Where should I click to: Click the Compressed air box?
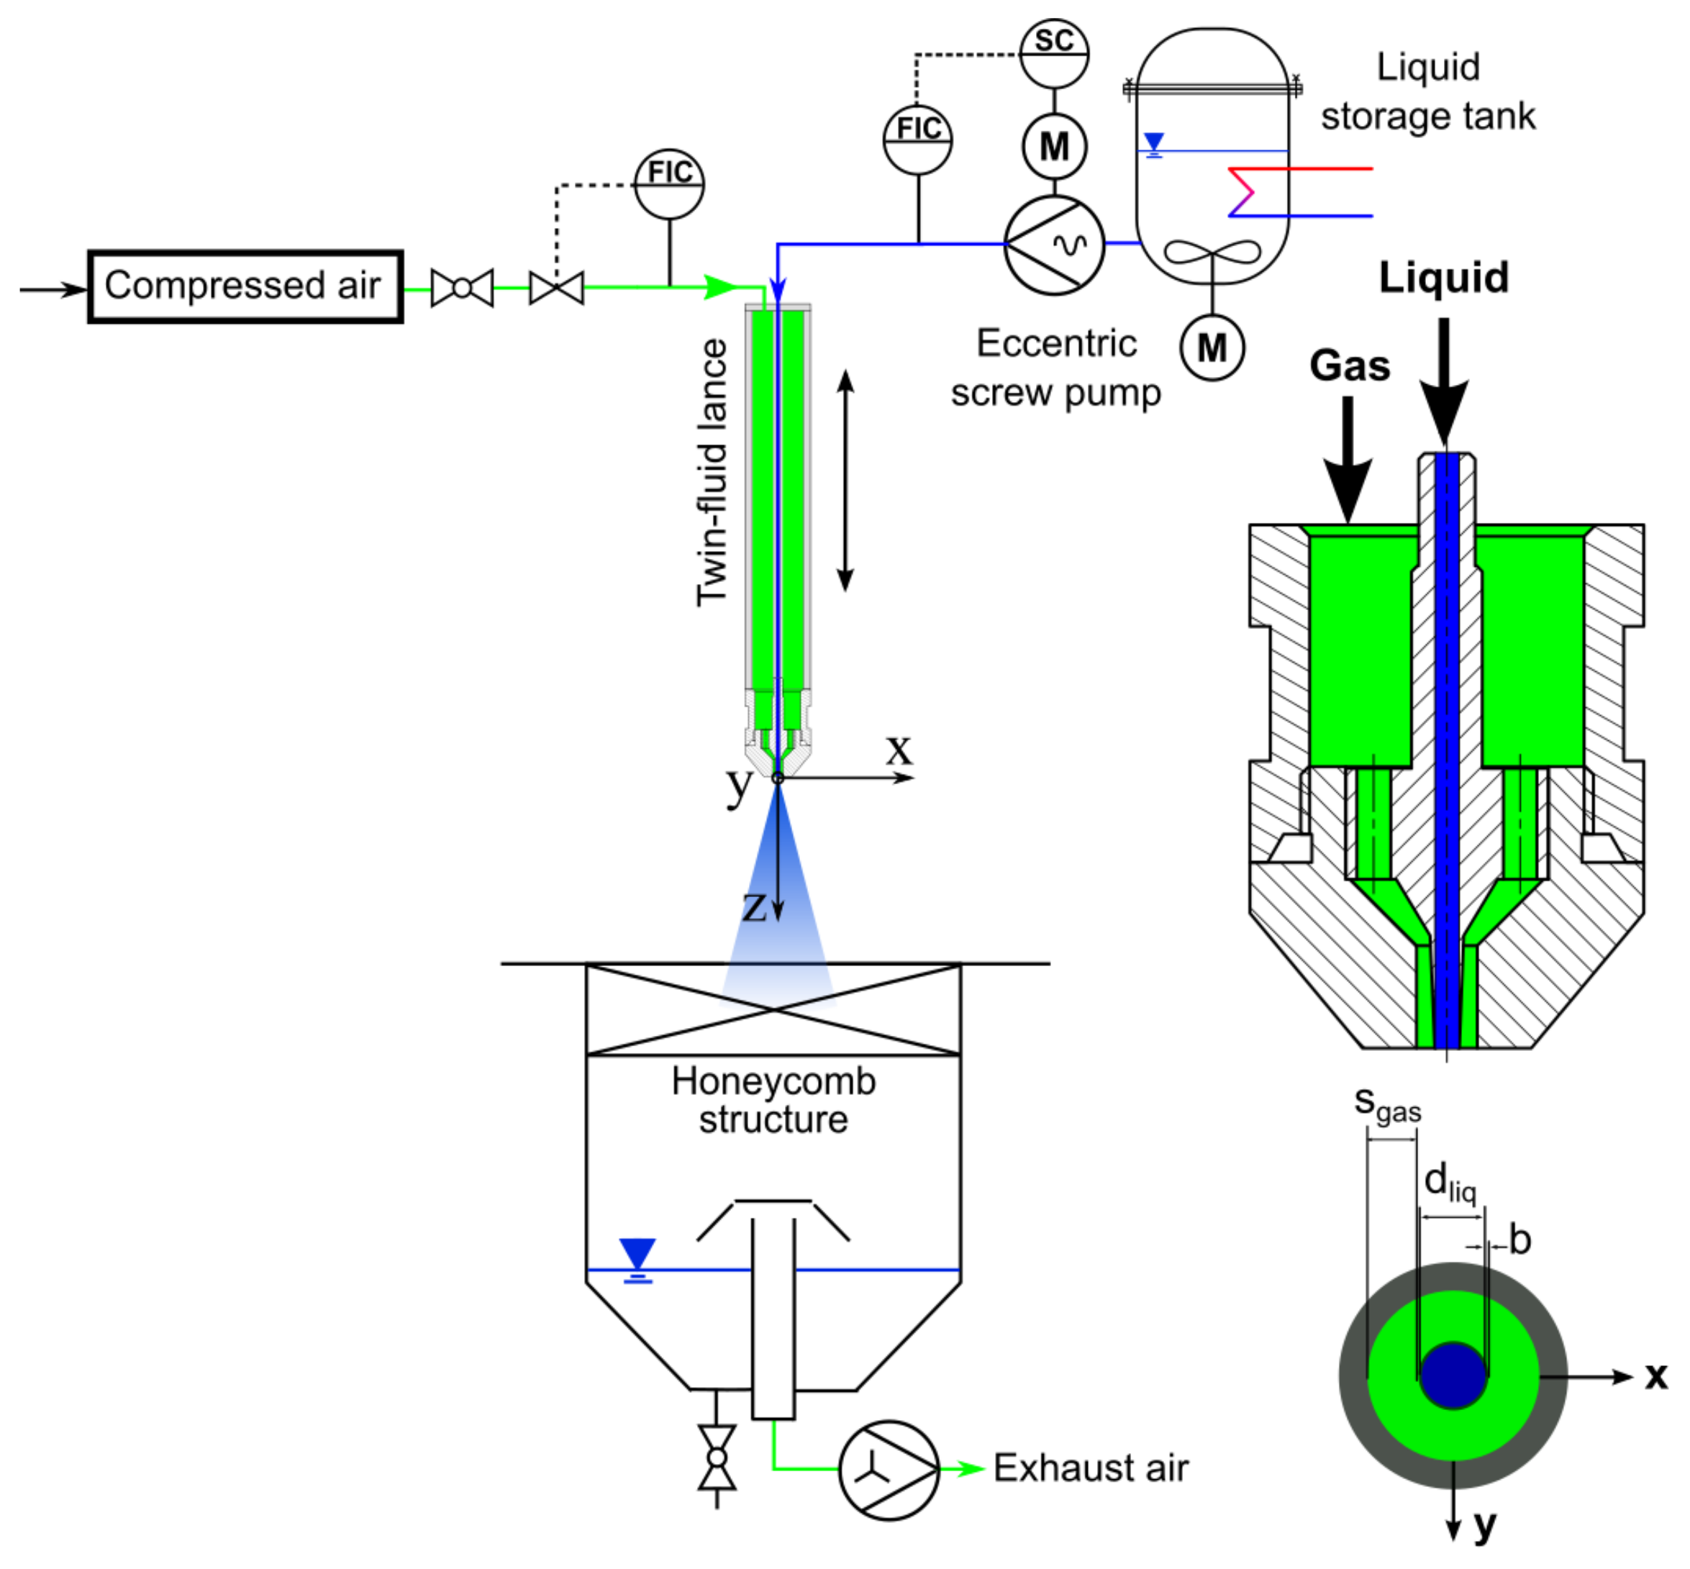[x=245, y=286]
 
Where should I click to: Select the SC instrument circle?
[x=1053, y=53]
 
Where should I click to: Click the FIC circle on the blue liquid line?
[x=917, y=140]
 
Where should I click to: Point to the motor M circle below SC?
[x=1054, y=146]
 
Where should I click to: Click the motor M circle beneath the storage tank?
[x=1212, y=347]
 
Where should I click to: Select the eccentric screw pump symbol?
[x=1054, y=245]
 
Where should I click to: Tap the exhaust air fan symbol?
[x=889, y=1470]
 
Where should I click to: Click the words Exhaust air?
[x=1091, y=1468]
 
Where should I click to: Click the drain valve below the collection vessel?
[x=717, y=1457]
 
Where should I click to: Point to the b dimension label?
[x=1519, y=1240]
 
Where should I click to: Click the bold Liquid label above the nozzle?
[x=1443, y=278]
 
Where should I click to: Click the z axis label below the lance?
[x=754, y=906]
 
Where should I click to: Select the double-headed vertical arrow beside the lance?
[x=845, y=481]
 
